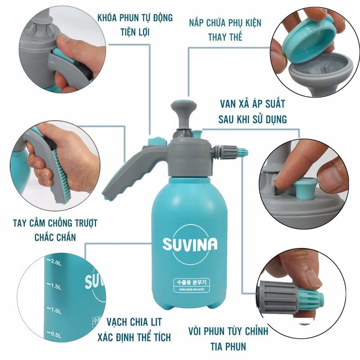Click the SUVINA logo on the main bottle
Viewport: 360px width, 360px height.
[x=190, y=244]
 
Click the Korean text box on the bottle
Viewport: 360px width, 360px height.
[x=192, y=285]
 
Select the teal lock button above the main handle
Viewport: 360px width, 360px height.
[x=157, y=141]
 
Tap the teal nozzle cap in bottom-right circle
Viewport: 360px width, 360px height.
[x=310, y=300]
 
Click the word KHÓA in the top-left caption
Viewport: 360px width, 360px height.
[x=107, y=18]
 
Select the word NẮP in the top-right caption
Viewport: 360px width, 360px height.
[x=196, y=23]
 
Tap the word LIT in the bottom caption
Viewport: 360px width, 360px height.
[x=156, y=322]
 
